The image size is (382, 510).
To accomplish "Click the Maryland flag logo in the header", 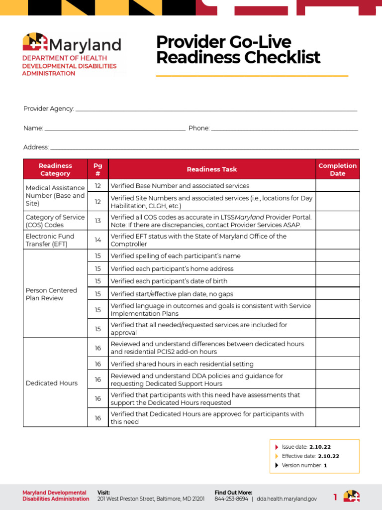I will (x=35, y=42).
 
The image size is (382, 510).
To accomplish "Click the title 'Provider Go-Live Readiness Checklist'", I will (x=238, y=50).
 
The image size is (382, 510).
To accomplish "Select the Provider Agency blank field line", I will (x=216, y=110).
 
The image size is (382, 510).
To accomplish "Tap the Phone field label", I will (x=199, y=128).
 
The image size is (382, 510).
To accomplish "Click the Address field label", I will (x=36, y=147).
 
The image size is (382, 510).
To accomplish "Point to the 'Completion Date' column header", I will (x=337, y=169).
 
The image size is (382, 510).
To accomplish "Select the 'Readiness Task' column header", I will (x=212, y=169).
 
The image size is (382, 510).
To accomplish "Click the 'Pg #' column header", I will (x=97, y=169).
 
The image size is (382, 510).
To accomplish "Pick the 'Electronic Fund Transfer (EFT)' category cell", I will (x=55, y=240).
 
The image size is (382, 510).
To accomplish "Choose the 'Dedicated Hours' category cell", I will (x=52, y=383).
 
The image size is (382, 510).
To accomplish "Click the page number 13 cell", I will (x=97, y=221).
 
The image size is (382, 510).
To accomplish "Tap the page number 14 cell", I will (x=97, y=240).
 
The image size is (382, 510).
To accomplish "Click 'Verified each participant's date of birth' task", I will (x=169, y=281).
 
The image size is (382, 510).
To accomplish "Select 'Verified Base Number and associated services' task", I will (x=180, y=186).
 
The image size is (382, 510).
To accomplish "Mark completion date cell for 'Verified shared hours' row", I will (x=337, y=364).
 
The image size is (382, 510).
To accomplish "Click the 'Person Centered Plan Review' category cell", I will (x=52, y=294).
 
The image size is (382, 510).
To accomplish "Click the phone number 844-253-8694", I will (x=231, y=499).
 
